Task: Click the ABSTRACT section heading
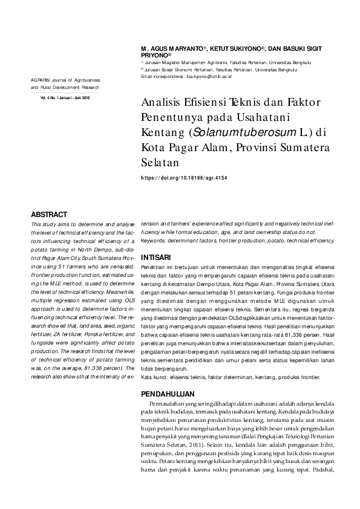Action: point(49,214)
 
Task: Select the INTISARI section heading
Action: point(155,257)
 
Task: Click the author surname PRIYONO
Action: point(154,54)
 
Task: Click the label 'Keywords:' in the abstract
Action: point(155,240)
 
